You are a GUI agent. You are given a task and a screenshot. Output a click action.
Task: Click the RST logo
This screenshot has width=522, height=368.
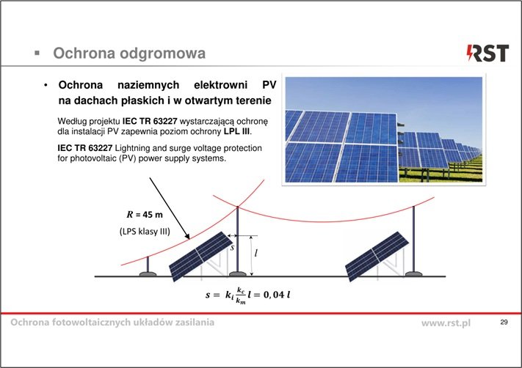(487, 54)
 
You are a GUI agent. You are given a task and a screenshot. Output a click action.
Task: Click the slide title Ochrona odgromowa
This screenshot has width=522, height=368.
(129, 54)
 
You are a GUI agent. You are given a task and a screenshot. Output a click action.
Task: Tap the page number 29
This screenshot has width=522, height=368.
(504, 322)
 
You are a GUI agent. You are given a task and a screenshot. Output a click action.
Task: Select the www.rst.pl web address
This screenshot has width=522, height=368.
(446, 323)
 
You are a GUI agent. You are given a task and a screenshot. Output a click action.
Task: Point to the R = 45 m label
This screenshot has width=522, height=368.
(145, 214)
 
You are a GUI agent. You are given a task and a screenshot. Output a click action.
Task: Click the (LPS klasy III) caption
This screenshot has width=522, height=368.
(145, 231)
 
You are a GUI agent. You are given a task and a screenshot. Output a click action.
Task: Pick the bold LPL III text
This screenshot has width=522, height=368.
(236, 131)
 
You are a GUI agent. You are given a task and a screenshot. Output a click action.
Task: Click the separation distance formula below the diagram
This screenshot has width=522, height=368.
(247, 295)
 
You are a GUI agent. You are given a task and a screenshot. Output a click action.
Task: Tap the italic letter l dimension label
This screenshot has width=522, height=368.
(255, 254)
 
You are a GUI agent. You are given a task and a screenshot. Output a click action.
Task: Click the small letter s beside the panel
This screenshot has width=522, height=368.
(233, 247)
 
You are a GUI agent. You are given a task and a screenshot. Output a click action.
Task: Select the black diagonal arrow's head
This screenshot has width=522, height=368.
(186, 235)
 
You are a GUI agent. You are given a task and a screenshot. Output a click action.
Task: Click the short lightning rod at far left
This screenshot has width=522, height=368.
(148, 267)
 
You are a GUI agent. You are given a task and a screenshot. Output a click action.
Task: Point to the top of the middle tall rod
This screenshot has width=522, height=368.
(237, 207)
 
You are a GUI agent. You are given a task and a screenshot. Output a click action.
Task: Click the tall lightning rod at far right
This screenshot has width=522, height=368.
(414, 241)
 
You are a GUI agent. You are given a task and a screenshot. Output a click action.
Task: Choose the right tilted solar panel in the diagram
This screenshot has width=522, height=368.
(377, 257)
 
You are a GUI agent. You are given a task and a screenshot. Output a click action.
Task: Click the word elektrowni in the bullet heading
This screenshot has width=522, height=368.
(220, 85)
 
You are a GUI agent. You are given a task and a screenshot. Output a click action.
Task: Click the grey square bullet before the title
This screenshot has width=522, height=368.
(37, 53)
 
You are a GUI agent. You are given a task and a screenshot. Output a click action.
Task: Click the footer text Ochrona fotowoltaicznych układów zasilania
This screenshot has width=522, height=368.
(112, 322)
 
